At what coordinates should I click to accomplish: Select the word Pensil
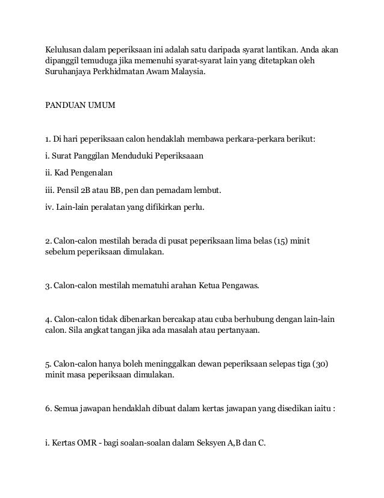pos(70,191)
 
